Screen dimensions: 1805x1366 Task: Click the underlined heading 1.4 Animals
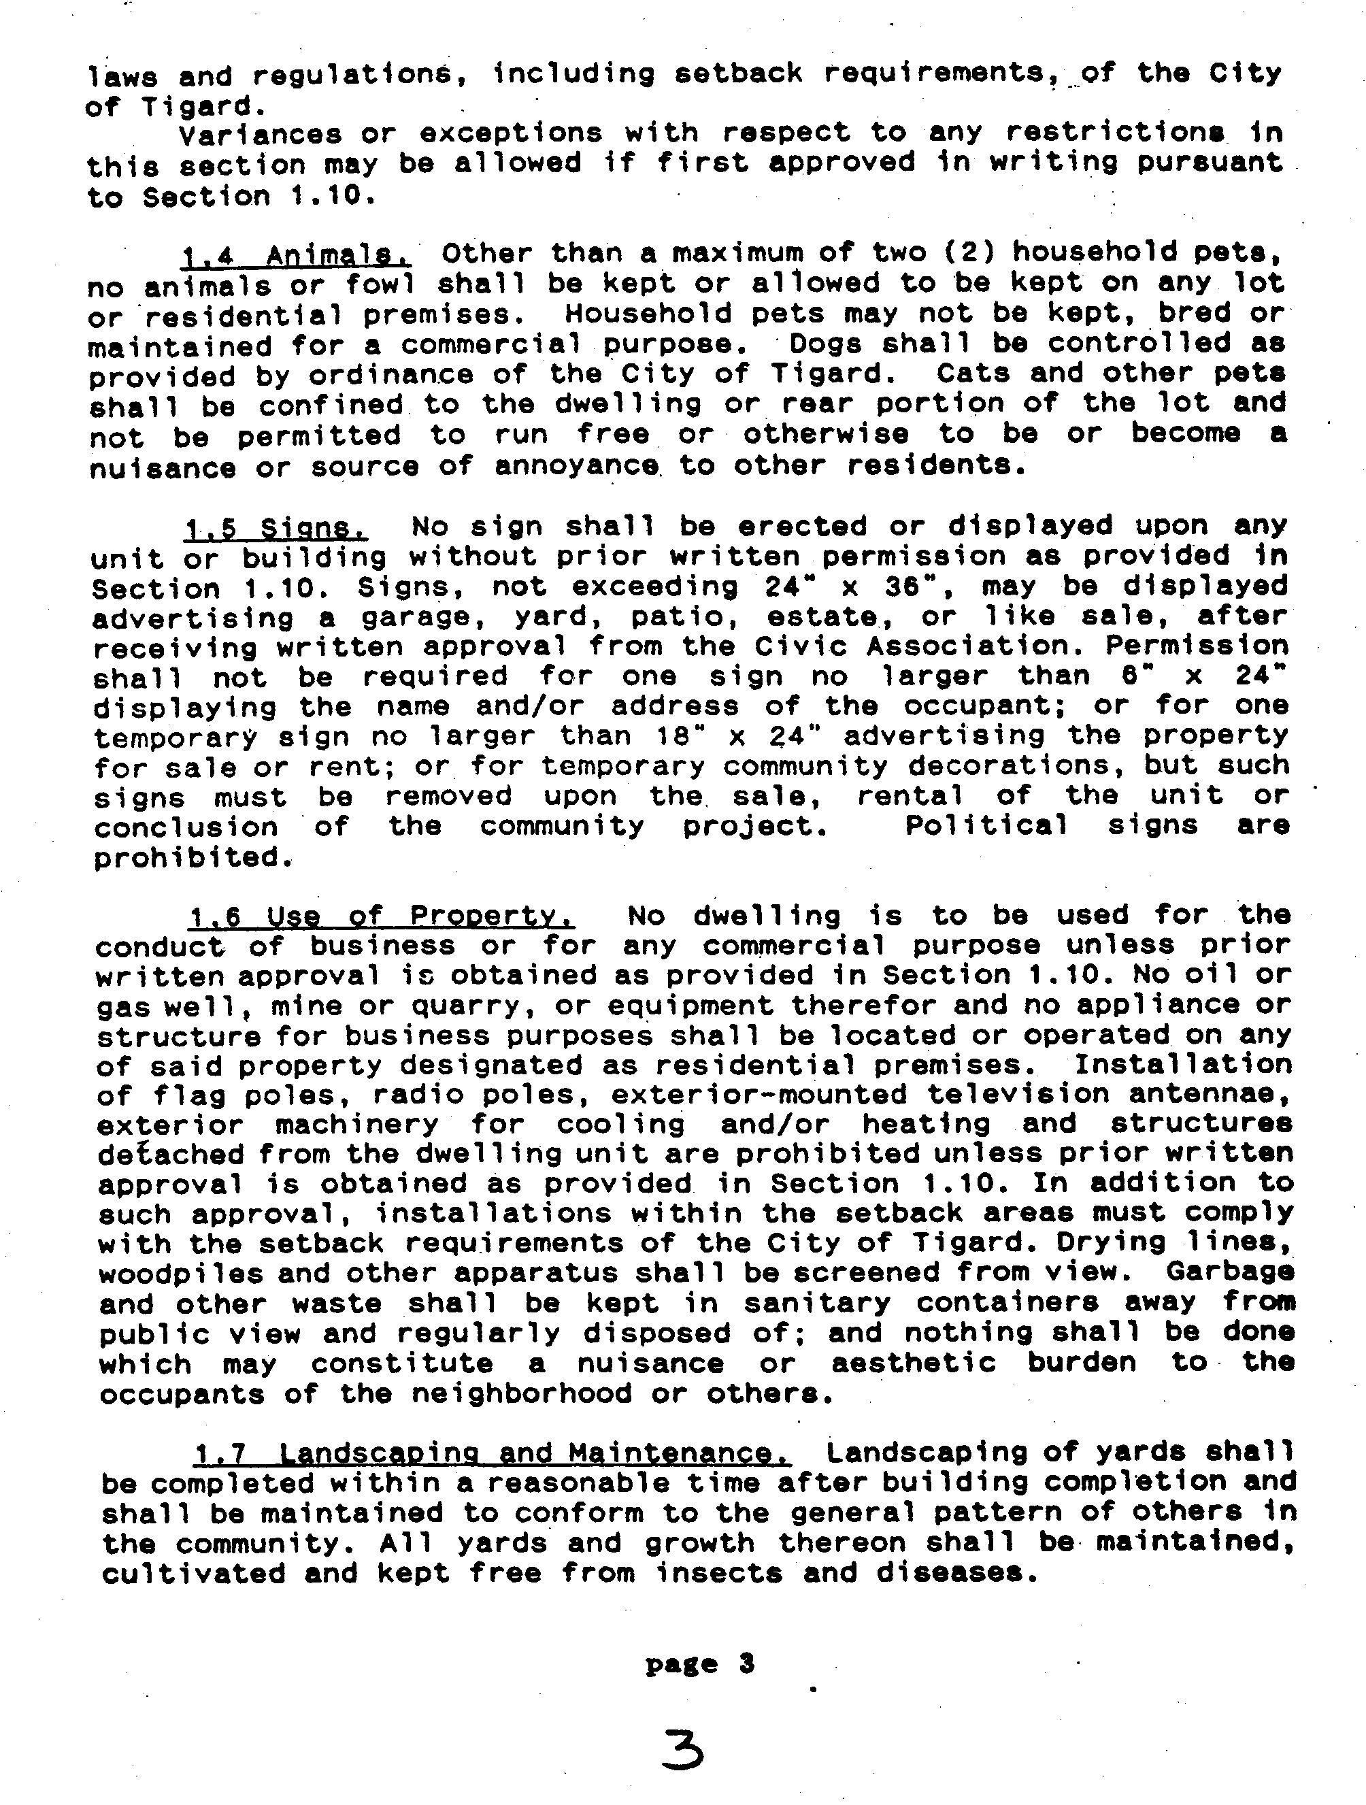point(296,255)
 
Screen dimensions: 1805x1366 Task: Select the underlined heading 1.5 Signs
point(276,529)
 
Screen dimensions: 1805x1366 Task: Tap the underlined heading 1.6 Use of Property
point(382,916)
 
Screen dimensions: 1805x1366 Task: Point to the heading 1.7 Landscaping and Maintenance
point(493,1453)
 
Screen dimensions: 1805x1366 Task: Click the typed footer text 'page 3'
point(699,1664)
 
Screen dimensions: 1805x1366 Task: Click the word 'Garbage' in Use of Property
point(1230,1272)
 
